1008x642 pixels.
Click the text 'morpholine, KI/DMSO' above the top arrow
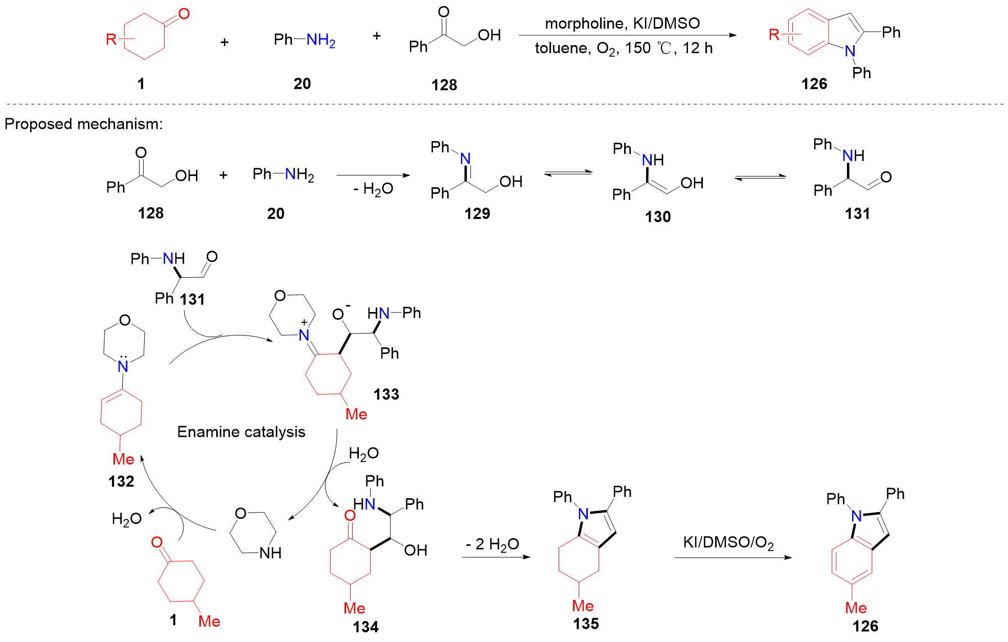coord(622,24)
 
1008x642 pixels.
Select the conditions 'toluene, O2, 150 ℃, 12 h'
coord(623,49)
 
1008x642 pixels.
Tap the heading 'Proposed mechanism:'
coord(83,124)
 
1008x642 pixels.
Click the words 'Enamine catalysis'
coord(241,432)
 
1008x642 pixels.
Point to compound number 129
coord(477,213)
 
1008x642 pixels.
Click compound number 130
coord(657,217)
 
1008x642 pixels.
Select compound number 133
coord(386,394)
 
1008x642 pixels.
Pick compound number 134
coord(365,627)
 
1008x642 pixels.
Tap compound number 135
coord(586,624)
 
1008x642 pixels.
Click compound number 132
coord(121,481)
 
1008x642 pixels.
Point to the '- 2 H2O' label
coord(492,544)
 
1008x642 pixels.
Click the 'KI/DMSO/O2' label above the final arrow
coord(728,543)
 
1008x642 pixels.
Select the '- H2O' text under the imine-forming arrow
coord(373,189)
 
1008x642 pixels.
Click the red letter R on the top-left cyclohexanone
coord(111,39)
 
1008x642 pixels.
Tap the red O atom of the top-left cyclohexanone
coord(184,14)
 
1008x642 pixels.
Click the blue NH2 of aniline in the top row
coord(320,40)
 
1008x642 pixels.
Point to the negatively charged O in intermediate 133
coord(338,314)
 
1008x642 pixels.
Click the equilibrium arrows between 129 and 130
coord(567,173)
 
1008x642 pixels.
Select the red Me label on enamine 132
coord(123,459)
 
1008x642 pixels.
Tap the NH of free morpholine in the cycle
coord(270,553)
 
